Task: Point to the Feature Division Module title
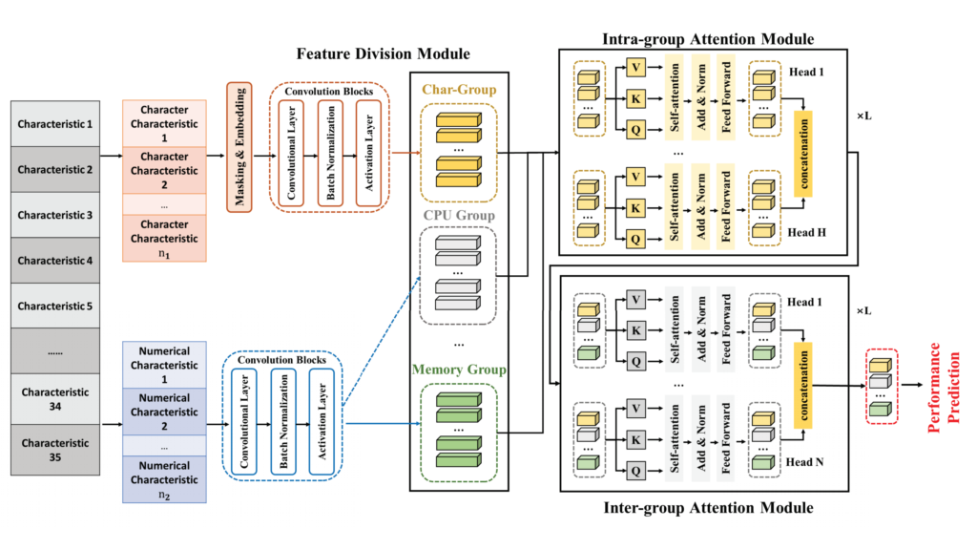pyautogui.click(x=382, y=54)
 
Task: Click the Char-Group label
pyautogui.click(x=458, y=90)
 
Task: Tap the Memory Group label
pyautogui.click(x=458, y=369)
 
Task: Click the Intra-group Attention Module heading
pyautogui.click(x=708, y=39)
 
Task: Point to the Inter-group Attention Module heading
pyautogui.click(x=708, y=507)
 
